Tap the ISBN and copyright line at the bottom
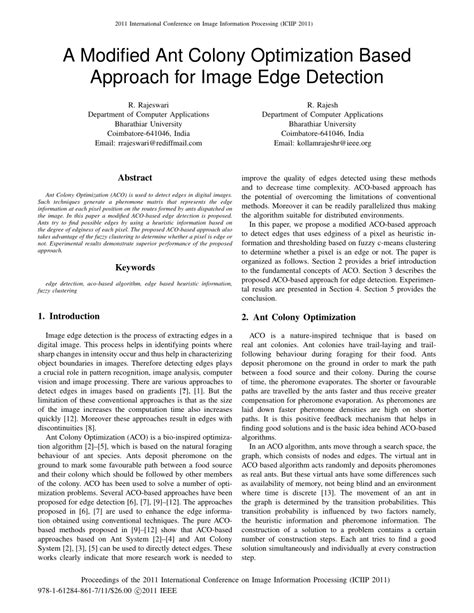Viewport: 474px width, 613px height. (112, 601)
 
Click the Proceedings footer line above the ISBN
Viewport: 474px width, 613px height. (236, 588)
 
